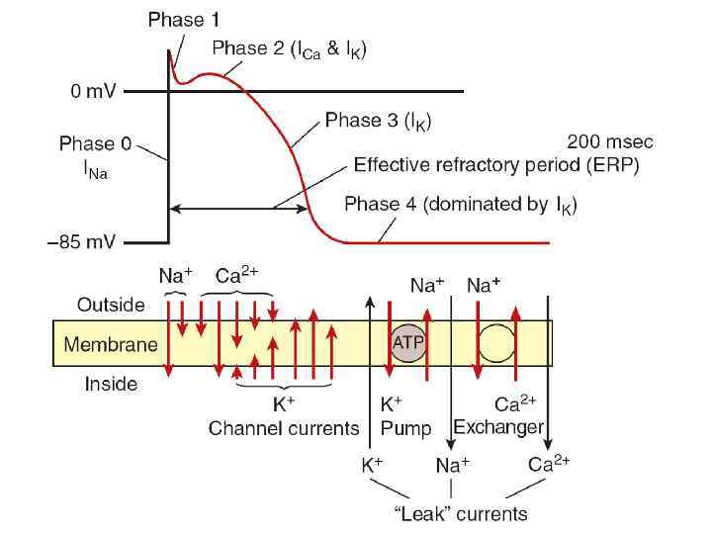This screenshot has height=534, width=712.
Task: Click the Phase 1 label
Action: (184, 19)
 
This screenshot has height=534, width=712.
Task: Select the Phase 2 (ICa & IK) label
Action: (289, 48)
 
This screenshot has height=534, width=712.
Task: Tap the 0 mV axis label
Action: (93, 92)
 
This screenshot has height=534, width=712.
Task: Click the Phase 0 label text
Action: (95, 144)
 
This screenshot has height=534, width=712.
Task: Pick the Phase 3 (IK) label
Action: (378, 122)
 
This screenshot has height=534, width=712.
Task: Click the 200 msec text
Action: (609, 142)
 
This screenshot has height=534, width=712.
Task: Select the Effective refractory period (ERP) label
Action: (496, 166)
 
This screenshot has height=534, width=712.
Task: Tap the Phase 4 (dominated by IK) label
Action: (460, 206)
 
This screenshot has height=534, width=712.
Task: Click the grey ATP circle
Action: (408, 342)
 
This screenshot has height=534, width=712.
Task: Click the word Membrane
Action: (110, 345)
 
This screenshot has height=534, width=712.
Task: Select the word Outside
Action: (111, 306)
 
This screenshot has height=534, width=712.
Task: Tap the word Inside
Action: (110, 384)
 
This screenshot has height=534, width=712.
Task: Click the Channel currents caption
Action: (284, 428)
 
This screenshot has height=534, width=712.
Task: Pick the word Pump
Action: (405, 428)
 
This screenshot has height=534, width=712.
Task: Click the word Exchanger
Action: (498, 428)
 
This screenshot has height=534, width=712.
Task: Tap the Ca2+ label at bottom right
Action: (549, 464)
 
